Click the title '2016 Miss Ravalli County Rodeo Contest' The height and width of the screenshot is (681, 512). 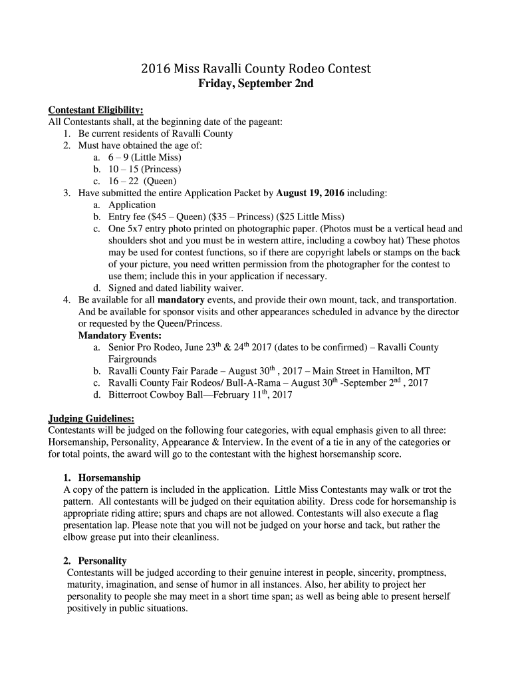pos(256,69)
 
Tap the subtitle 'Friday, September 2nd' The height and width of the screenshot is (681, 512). pos(256,84)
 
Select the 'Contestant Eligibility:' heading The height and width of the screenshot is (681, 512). pos(96,110)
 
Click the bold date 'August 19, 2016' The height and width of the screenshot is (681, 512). pos(311,193)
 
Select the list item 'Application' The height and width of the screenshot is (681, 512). pos(132,205)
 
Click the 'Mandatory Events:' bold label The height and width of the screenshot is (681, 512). pos(120,336)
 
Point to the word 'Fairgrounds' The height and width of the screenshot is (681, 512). pos(132,359)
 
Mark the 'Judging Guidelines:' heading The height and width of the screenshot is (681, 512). pos(92,418)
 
